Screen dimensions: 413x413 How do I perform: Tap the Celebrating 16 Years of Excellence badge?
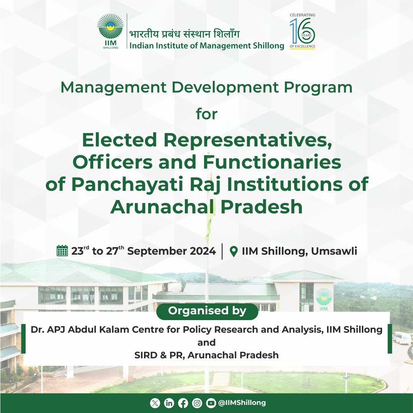point(302,31)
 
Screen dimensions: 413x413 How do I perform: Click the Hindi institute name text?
point(185,34)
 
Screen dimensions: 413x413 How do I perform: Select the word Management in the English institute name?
point(225,46)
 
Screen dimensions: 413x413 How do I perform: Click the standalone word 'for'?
point(206,114)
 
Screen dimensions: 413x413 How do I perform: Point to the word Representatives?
point(248,140)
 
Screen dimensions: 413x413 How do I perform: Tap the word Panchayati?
point(127,184)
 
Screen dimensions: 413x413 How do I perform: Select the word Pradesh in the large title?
point(261,206)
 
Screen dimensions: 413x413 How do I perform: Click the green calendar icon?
point(62,250)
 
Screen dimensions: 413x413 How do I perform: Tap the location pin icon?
point(234,252)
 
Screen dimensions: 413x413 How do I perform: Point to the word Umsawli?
point(334,251)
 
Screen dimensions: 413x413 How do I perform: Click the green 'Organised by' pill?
point(207,311)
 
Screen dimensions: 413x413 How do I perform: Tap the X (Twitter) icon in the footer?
point(155,403)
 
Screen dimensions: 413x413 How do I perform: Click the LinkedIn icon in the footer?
point(169,403)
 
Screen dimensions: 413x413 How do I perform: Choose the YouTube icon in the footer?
point(211,403)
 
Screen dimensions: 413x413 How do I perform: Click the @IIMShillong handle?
point(242,403)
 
